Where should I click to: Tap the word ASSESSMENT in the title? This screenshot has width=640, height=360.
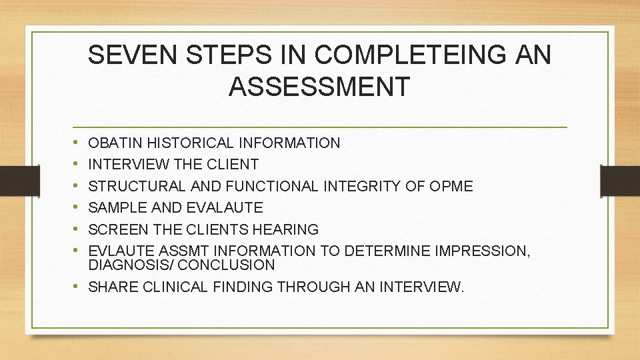click(x=319, y=86)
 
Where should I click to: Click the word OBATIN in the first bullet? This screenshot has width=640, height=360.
click(x=115, y=143)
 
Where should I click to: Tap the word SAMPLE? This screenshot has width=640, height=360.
click(x=115, y=207)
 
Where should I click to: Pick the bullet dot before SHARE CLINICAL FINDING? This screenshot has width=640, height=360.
click(x=79, y=287)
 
